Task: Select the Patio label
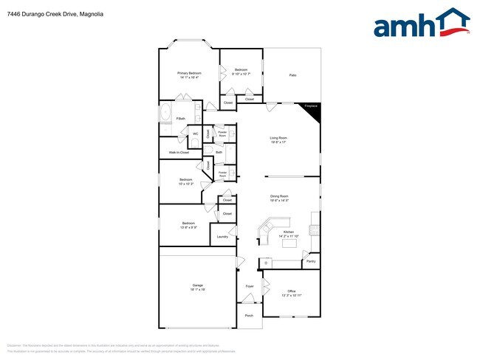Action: pyautogui.click(x=292, y=75)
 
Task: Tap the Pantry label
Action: pyautogui.click(x=311, y=261)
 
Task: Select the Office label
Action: pyautogui.click(x=292, y=292)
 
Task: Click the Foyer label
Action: pyautogui.click(x=250, y=285)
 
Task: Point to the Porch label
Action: pyautogui.click(x=249, y=316)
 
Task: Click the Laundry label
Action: pyautogui.click(x=222, y=237)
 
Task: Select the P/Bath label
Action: pyautogui.click(x=179, y=119)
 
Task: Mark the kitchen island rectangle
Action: pyautogui.click(x=288, y=243)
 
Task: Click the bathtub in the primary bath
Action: pyautogui.click(x=165, y=114)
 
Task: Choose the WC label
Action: pyautogui.click(x=196, y=134)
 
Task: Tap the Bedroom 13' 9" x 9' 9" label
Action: pyautogui.click(x=189, y=224)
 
